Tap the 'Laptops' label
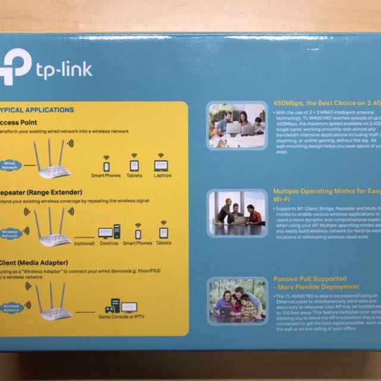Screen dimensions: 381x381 point(163,176)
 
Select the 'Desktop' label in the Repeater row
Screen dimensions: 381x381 point(109,243)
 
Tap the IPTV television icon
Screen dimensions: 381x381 point(129,306)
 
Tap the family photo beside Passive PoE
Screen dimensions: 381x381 point(238,301)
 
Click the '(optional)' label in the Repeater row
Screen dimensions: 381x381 point(84,243)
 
